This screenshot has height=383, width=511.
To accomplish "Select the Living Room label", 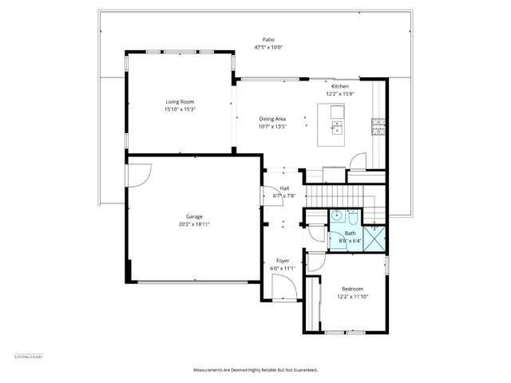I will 180,102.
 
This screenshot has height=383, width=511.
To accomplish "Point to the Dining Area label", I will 271,119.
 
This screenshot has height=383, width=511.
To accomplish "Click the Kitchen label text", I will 340,86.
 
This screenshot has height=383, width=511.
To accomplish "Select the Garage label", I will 194,216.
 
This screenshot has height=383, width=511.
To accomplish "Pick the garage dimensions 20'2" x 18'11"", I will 194,224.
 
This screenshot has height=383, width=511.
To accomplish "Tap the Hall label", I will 284,188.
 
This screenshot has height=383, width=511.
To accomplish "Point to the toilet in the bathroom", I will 338,215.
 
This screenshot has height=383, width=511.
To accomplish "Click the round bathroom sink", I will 354,215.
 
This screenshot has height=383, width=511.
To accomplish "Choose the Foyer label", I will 283,261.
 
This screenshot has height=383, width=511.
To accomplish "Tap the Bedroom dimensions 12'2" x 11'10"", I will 352,297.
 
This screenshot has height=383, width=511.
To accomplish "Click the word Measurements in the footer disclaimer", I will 208,369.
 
